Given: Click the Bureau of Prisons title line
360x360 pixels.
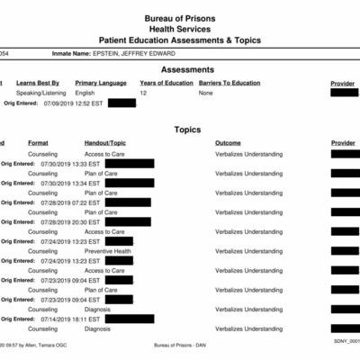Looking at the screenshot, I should click(x=180, y=18).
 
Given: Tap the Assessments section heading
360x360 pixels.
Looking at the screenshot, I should click(x=187, y=69).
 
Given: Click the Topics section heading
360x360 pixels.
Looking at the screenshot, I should click(x=187, y=130).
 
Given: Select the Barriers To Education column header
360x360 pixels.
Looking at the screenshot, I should click(x=229, y=83).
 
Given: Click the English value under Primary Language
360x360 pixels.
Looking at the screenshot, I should click(x=85, y=93).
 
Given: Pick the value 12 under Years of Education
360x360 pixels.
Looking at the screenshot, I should click(x=143, y=93).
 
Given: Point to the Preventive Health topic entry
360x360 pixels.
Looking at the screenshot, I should click(x=108, y=251).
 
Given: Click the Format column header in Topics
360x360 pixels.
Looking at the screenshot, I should click(x=38, y=143).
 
